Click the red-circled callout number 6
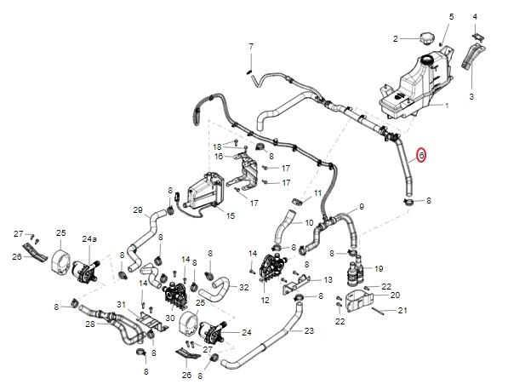pos(421,155)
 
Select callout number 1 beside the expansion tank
pos(447,106)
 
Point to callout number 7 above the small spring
pos(251,47)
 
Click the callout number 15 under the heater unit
pos(231,216)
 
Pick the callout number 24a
pos(89,239)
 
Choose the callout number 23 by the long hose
pos(310,330)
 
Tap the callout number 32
pos(244,287)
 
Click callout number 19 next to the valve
pos(379,268)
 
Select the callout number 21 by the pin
pos(402,311)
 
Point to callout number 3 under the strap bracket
pos(471,96)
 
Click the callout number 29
pos(138,210)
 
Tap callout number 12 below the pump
pos(265,301)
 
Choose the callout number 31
pos(121,305)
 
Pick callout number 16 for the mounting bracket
pos(219,157)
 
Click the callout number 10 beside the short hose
pos(309,223)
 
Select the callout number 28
pos(90,324)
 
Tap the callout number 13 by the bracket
pos(328,279)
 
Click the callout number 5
pos(451,17)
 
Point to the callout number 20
pos(396,295)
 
